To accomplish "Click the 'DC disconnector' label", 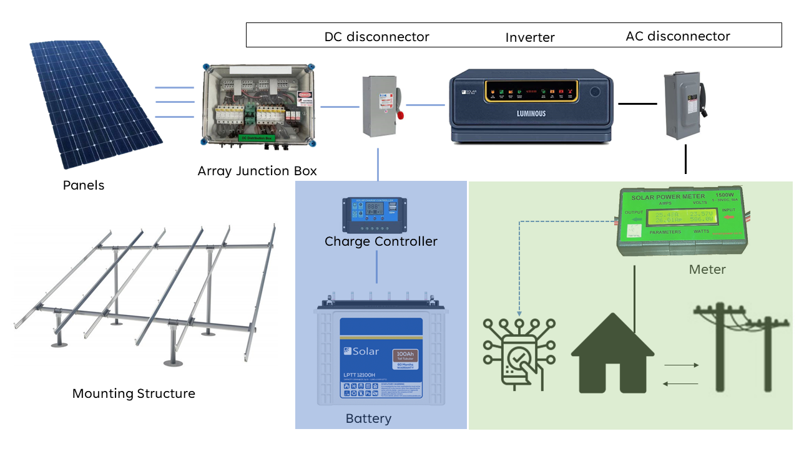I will [x=376, y=37].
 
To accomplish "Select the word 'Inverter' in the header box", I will [x=530, y=37].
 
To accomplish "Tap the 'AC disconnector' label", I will [x=677, y=36].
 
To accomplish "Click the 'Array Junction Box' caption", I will [x=257, y=171].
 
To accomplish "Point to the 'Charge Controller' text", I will [x=381, y=241].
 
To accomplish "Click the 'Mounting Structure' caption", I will [x=134, y=393].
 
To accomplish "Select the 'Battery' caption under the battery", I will [x=368, y=418].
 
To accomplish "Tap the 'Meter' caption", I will [x=707, y=269].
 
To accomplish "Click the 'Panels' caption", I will [x=84, y=185].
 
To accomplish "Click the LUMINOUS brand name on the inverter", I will [x=531, y=113].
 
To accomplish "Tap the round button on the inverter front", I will [x=594, y=92].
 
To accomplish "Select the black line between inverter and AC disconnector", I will [x=637, y=104].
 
